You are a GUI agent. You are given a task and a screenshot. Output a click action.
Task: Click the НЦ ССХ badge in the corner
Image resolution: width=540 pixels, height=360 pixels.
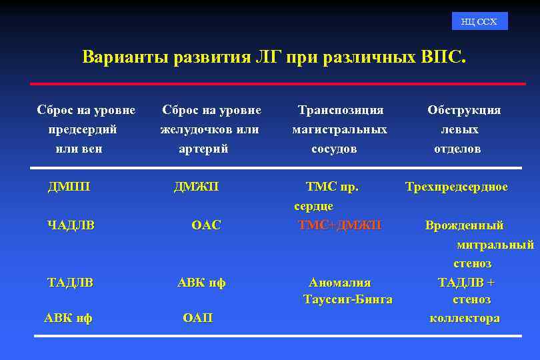479,21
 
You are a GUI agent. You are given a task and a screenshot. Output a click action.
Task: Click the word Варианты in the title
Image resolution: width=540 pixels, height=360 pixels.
125,57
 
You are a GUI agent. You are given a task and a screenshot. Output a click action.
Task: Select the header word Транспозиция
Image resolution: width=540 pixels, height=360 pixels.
340,110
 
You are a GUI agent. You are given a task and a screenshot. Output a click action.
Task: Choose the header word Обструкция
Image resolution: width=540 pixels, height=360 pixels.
464,110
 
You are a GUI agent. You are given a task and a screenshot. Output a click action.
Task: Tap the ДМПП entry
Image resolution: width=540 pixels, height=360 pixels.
69,187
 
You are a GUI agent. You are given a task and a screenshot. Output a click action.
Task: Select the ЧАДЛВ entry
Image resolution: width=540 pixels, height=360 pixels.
71,225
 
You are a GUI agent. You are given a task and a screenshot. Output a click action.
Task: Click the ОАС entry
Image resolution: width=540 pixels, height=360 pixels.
205,225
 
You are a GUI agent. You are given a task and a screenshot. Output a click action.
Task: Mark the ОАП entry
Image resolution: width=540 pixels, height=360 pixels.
197,318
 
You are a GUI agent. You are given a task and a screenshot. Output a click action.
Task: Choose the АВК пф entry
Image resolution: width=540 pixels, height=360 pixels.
201,283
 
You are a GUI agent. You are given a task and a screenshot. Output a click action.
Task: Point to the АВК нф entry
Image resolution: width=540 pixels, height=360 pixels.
68,318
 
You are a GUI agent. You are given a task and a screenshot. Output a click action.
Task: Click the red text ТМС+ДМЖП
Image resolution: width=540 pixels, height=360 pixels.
339,225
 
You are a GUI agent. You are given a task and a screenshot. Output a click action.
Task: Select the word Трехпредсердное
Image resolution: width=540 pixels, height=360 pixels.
457,187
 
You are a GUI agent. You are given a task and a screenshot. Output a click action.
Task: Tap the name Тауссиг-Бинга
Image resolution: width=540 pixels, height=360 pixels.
347,299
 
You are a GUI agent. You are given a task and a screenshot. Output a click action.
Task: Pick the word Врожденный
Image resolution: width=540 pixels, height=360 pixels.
465,225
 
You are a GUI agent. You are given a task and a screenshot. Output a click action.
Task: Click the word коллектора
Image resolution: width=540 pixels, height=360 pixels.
465,318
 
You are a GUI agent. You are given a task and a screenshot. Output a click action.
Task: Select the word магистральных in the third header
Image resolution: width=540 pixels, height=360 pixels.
339,129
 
